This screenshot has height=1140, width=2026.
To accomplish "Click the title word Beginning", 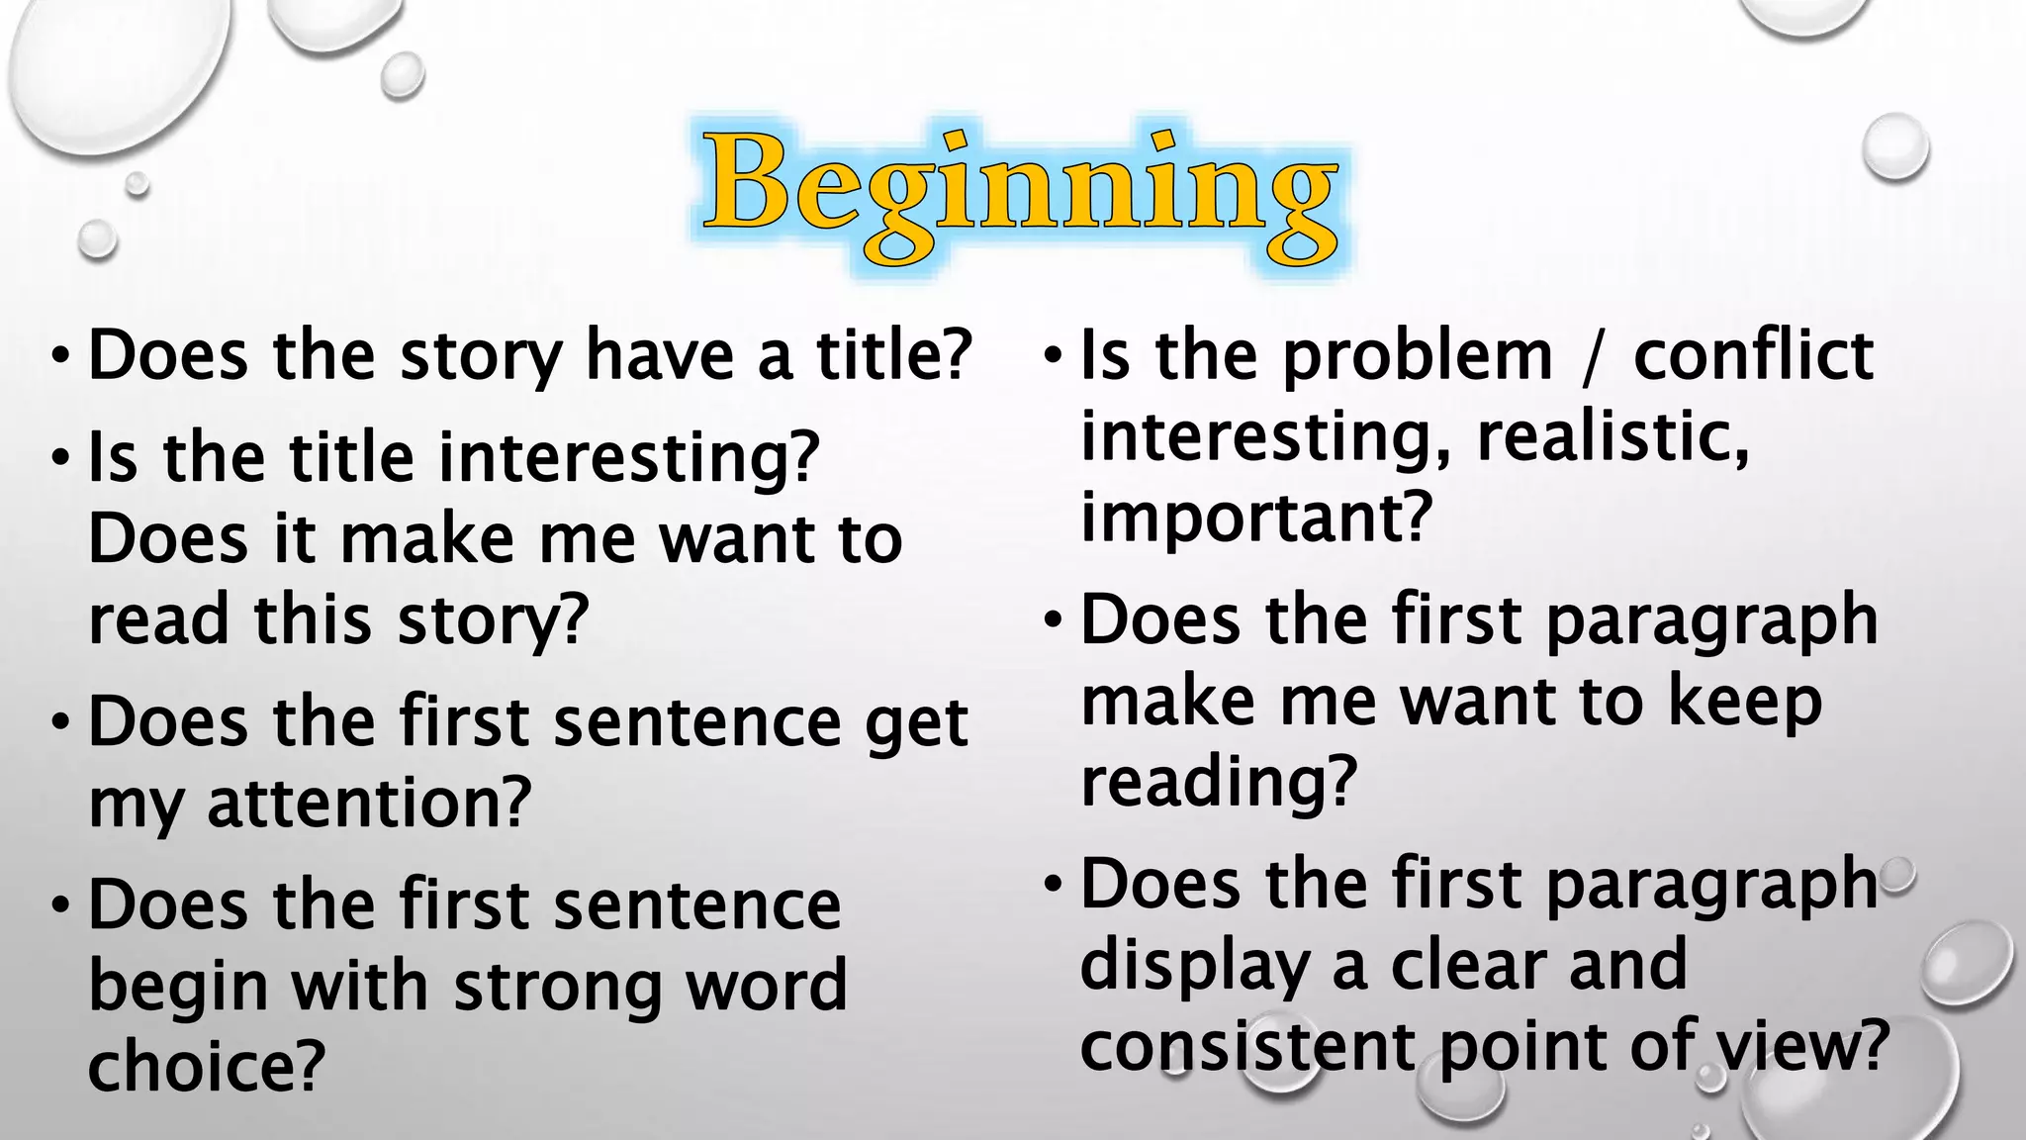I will pyautogui.click(x=1021, y=193).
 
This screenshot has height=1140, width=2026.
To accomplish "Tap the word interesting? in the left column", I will pyautogui.click(x=629, y=458).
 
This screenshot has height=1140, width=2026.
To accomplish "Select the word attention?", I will pyautogui.click(x=369, y=803).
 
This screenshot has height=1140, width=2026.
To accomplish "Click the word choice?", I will pyautogui.click(x=207, y=1066).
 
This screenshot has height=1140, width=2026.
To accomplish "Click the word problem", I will pyautogui.click(x=1418, y=356).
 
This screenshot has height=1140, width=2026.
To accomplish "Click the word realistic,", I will pyautogui.click(x=1612, y=436).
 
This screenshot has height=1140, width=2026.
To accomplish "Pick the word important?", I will pyautogui.click(x=1256, y=518).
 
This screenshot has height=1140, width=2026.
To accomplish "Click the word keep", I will pyautogui.click(x=1745, y=702).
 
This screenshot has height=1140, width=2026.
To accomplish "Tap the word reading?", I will pyautogui.click(x=1219, y=783).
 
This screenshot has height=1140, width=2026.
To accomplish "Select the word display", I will pyautogui.click(x=1195, y=967).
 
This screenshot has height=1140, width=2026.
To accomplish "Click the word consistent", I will pyautogui.click(x=1248, y=1047).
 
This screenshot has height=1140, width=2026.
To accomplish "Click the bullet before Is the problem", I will pyautogui.click(x=1054, y=354).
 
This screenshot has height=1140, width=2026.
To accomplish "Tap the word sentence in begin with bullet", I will pyautogui.click(x=696, y=905).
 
